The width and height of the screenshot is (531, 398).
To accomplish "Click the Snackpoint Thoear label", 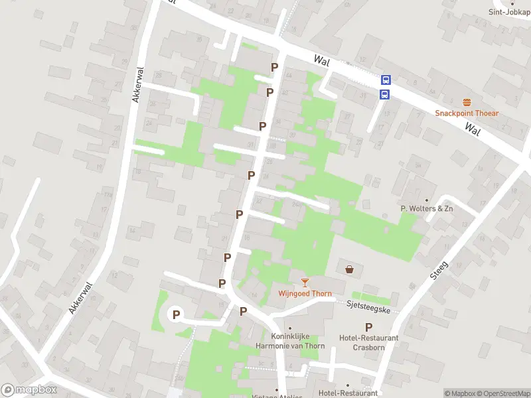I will (467, 113).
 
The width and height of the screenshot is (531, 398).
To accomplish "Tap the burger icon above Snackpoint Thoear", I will (467, 102).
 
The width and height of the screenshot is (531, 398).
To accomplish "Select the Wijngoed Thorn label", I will (305, 293).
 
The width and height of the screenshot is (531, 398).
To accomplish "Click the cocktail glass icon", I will (305, 283).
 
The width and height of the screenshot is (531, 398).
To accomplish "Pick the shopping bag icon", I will (350, 269).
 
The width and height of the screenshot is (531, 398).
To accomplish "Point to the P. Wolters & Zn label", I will (427, 208).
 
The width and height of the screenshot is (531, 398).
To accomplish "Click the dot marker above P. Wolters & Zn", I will (427, 199).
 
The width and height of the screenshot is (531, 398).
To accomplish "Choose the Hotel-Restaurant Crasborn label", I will (368, 342).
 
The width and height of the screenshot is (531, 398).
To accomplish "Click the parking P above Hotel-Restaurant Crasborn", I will (368, 327).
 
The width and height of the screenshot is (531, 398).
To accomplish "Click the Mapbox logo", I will (29, 390).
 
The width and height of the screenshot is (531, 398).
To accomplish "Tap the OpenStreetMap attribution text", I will (503, 393).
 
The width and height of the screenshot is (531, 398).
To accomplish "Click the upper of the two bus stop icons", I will (386, 80).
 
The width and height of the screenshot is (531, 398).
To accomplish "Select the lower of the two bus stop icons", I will (384, 94).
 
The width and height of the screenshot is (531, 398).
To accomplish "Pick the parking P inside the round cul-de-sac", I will (177, 314).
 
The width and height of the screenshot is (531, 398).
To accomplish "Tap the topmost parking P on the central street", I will (274, 67).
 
